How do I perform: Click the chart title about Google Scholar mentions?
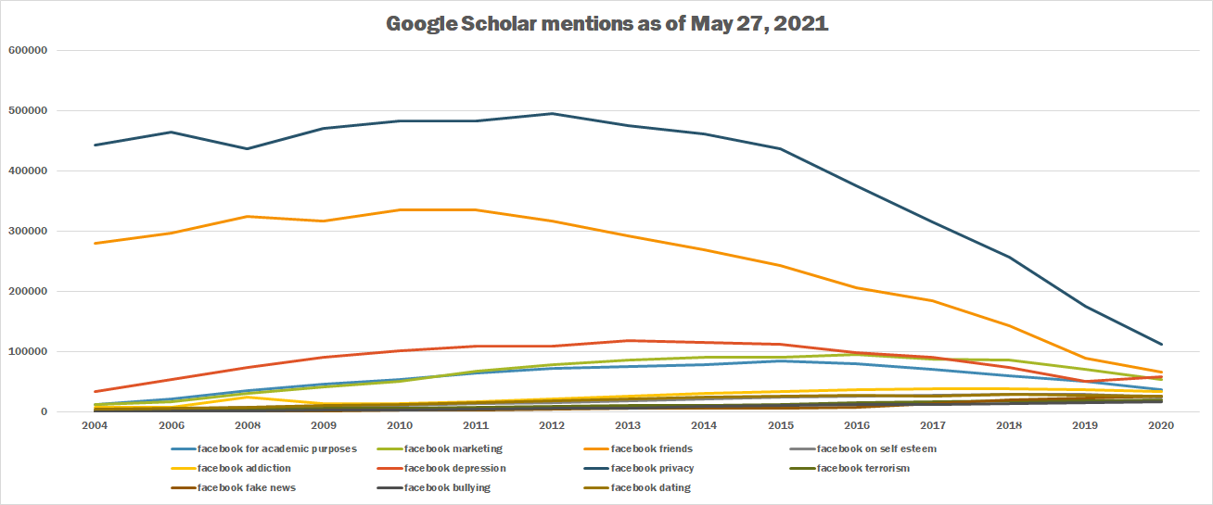(606, 24)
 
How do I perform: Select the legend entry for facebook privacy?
(652, 468)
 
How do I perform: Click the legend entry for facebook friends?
(652, 448)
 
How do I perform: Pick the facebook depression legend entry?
(454, 468)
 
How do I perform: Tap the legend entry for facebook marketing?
(453, 448)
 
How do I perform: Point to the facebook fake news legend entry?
(246, 487)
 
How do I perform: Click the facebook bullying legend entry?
(447, 487)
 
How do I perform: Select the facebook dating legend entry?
(650, 487)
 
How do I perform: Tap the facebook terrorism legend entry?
(862, 468)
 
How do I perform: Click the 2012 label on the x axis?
(552, 425)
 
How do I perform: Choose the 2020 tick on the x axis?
(1161, 425)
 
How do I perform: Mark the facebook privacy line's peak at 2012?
(552, 114)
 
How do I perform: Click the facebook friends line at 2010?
(400, 209)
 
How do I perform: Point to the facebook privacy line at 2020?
(1161, 345)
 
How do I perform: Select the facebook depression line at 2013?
(628, 341)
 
